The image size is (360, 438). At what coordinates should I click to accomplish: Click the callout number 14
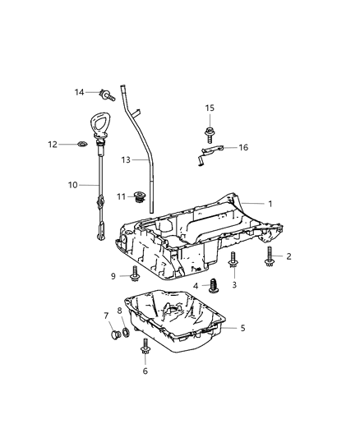(79, 92)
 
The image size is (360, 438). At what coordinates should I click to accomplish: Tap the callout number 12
(75, 145)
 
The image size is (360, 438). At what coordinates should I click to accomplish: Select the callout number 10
(72, 185)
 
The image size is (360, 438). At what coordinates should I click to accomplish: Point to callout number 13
(125, 159)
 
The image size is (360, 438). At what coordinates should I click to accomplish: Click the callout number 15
(210, 108)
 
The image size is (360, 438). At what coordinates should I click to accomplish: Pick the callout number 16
(242, 147)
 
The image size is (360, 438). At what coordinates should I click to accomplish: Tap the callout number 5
(242, 328)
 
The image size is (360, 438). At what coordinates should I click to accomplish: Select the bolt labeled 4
(215, 285)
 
